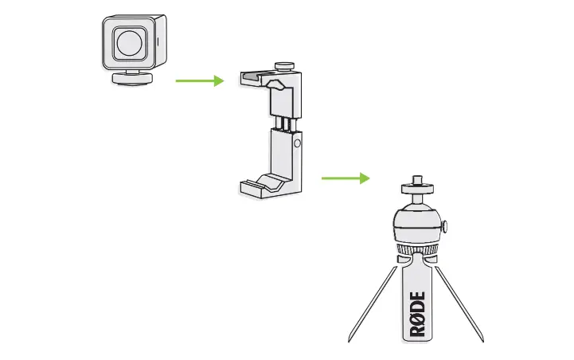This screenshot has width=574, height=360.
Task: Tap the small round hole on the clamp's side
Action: coord(296,144)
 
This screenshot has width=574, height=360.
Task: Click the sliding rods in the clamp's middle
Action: coord(283,123)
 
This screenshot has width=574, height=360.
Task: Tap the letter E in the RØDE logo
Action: coord(418,299)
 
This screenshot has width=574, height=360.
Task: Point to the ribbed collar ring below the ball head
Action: coord(416,252)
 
